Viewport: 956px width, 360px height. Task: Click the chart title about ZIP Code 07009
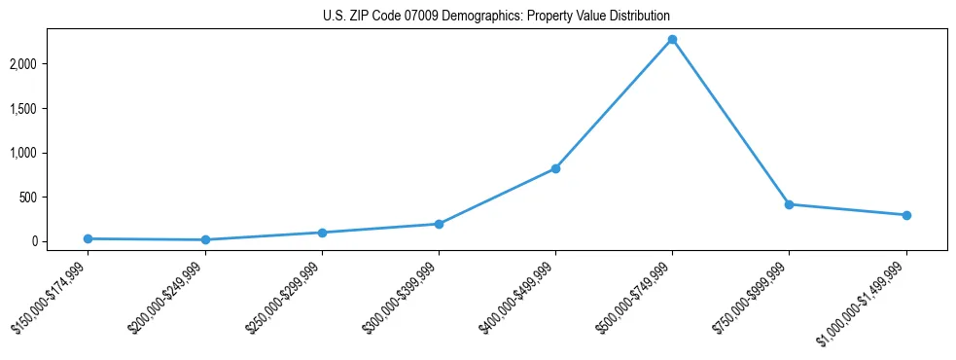[x=496, y=17]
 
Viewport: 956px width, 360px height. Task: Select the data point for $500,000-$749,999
[x=672, y=40]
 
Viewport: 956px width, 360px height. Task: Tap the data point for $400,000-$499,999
[x=555, y=168]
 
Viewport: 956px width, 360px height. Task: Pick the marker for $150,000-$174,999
[x=89, y=238]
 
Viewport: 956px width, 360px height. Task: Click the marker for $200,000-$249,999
[x=205, y=239]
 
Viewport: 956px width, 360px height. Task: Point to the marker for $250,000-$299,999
[x=322, y=233]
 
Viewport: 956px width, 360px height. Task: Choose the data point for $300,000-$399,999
[x=439, y=224]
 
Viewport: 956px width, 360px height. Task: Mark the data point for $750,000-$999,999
[x=789, y=204]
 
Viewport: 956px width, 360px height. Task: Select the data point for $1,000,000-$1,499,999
[x=906, y=215]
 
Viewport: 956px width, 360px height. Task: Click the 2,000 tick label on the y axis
[x=52, y=64]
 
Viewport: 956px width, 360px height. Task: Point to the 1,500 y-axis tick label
[x=52, y=109]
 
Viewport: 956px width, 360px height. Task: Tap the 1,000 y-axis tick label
[x=52, y=153]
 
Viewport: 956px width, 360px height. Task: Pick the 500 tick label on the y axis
[x=56, y=198]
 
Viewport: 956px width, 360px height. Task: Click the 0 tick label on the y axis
[x=62, y=241]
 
